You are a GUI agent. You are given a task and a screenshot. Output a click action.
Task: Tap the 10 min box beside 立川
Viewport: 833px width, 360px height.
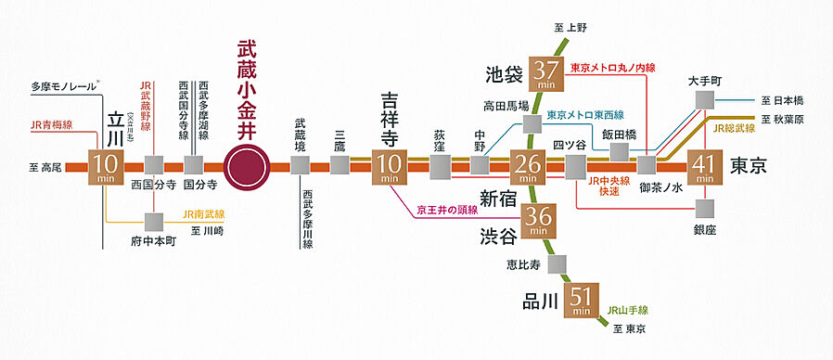[106, 166]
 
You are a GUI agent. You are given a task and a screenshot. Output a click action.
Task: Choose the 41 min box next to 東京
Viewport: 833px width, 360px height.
[706, 167]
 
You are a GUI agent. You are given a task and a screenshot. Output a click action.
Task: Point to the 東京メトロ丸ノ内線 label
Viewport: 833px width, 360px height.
[612, 68]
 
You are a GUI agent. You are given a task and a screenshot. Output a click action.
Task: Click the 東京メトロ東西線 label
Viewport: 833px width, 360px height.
[585, 116]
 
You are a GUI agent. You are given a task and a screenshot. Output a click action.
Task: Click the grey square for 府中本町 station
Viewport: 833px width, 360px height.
[154, 221]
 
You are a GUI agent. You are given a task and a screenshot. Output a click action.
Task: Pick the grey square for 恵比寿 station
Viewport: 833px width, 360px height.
[558, 264]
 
